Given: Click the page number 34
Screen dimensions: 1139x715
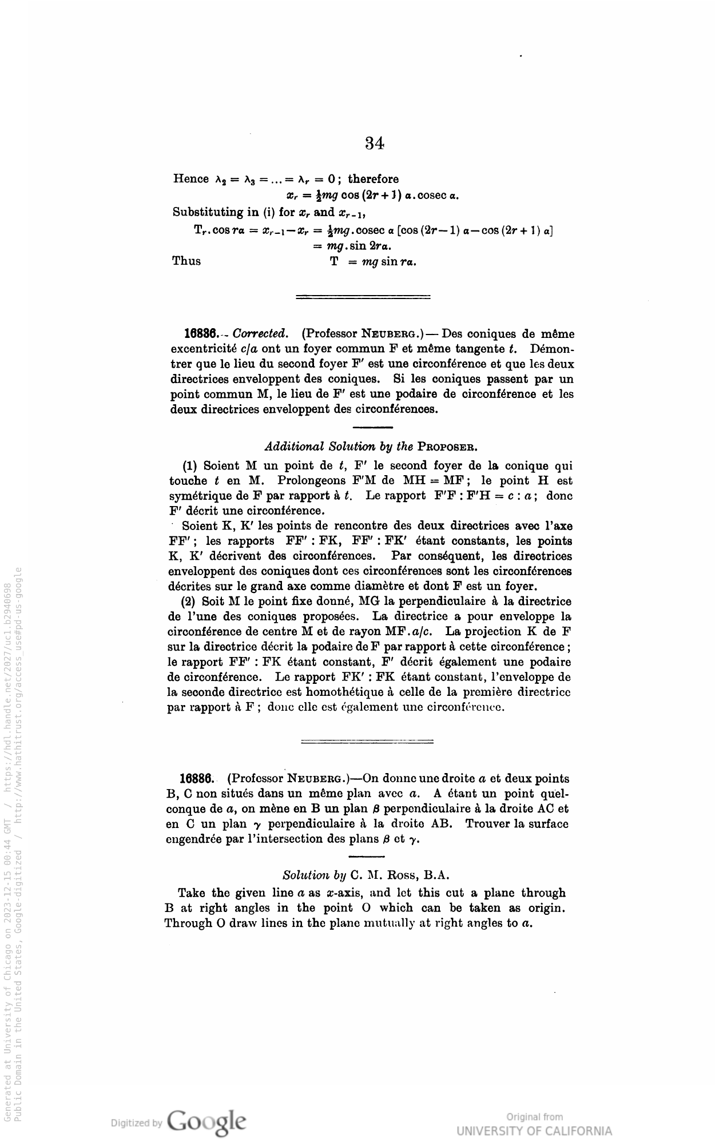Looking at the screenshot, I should pos(374,143).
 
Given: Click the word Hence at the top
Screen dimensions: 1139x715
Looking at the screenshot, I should pos(191,179).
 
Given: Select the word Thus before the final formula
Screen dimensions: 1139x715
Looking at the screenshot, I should pos(186,261).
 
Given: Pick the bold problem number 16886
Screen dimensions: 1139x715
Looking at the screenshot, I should pos(197,778).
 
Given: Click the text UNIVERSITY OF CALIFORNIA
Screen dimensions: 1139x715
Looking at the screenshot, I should pos(534,1131).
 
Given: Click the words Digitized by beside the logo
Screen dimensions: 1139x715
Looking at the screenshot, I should pos(136,1123).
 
